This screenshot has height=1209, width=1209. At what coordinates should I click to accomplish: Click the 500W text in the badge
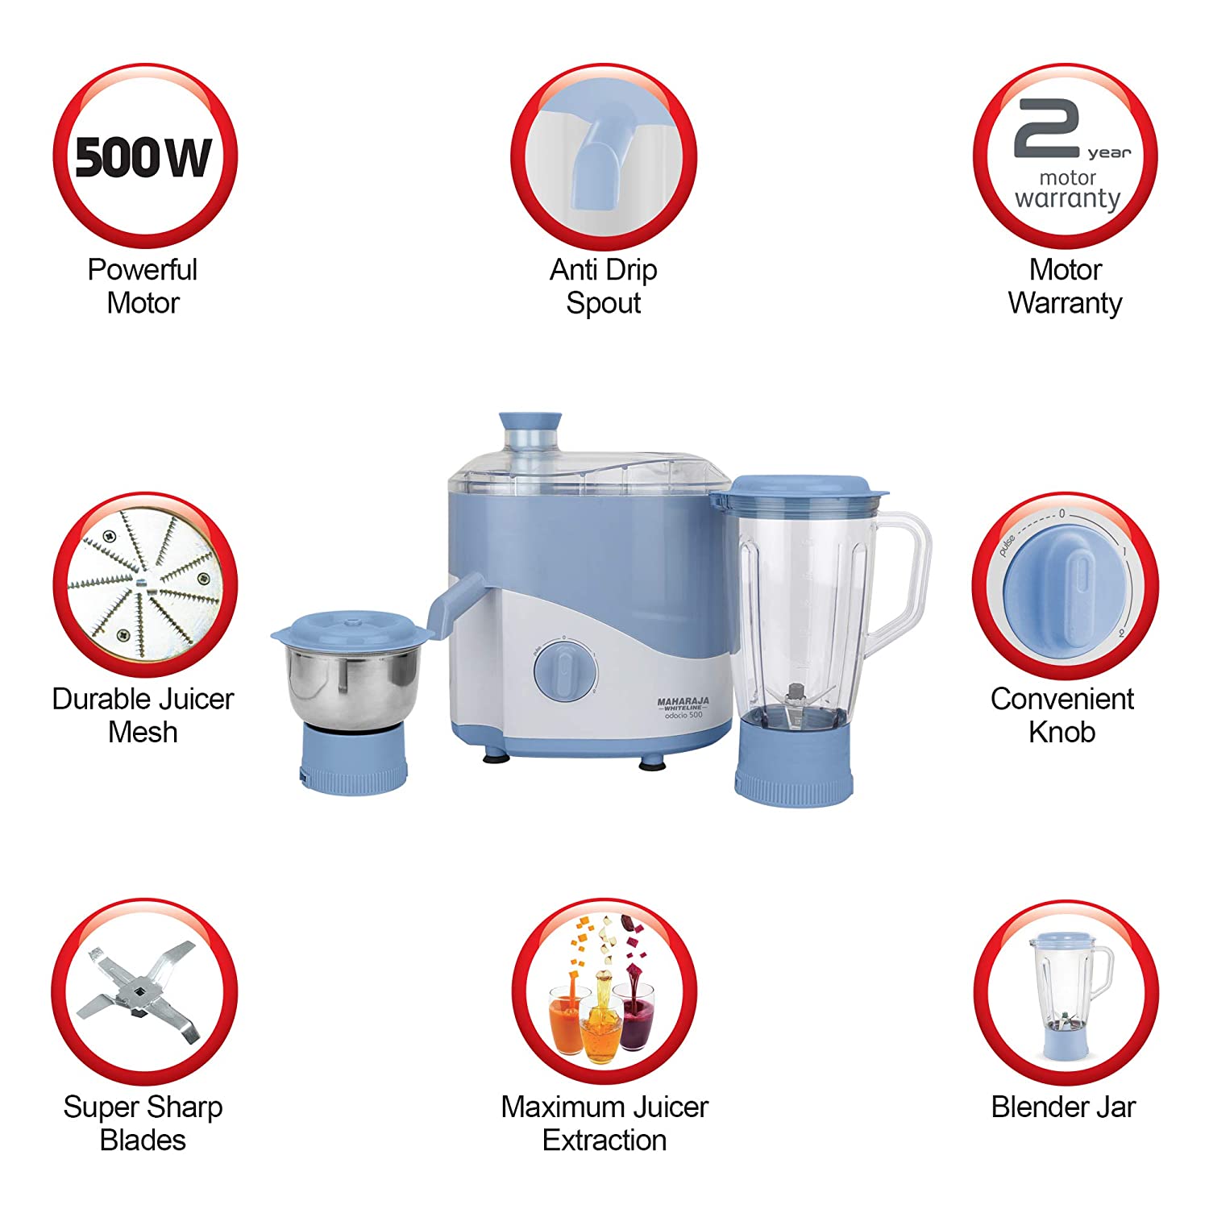tap(143, 157)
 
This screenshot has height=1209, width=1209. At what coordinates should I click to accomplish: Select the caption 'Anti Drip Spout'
tap(604, 286)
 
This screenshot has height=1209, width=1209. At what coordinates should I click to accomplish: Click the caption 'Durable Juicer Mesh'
tap(143, 715)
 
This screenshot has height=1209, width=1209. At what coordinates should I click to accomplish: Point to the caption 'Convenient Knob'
tap(1062, 715)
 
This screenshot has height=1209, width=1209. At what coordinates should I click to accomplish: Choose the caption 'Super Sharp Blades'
tap(143, 1123)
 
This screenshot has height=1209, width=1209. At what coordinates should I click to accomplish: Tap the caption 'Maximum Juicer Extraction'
tap(604, 1123)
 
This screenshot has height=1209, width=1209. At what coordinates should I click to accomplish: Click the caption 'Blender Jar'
tap(1063, 1107)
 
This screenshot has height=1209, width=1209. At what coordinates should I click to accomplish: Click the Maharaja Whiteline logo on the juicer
tap(683, 708)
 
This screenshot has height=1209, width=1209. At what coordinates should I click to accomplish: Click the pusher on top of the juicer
tap(530, 439)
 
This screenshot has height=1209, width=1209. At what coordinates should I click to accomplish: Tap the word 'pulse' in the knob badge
tap(1007, 546)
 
